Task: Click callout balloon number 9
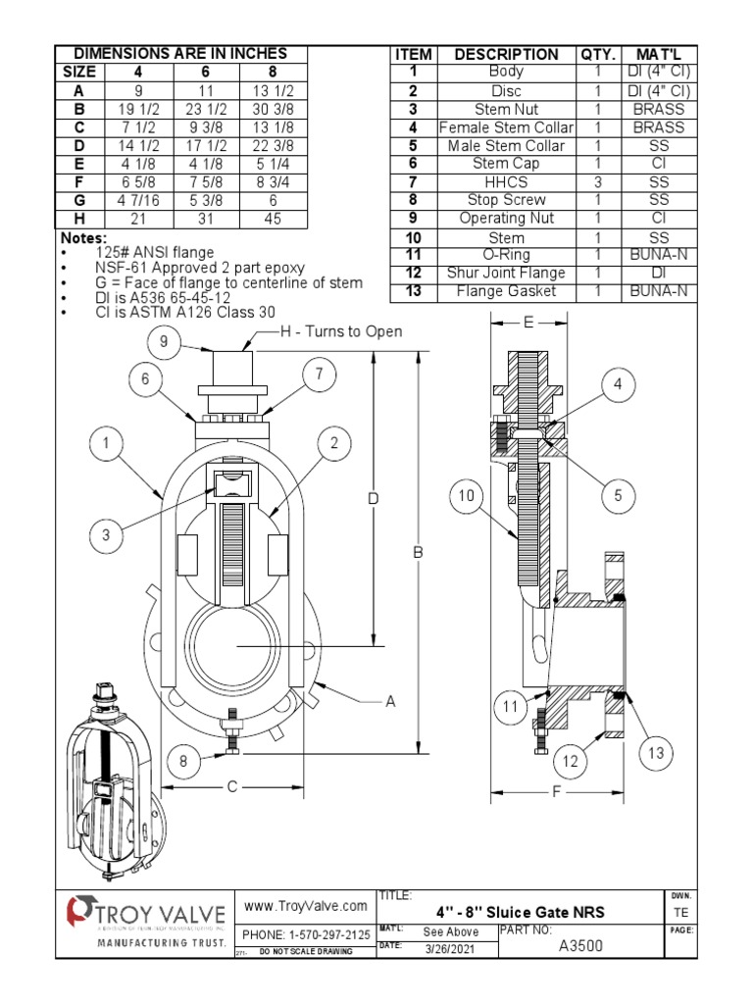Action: (x=165, y=342)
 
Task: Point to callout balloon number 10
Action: (x=468, y=497)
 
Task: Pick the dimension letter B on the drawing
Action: (x=418, y=553)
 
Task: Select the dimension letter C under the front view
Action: (x=232, y=786)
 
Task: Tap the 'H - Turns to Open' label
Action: (x=341, y=331)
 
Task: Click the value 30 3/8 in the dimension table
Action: (x=274, y=109)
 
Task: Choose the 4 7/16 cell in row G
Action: (x=137, y=200)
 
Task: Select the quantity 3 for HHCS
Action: (x=597, y=182)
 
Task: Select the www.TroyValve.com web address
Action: (x=305, y=906)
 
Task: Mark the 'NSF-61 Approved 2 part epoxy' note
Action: (x=200, y=268)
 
